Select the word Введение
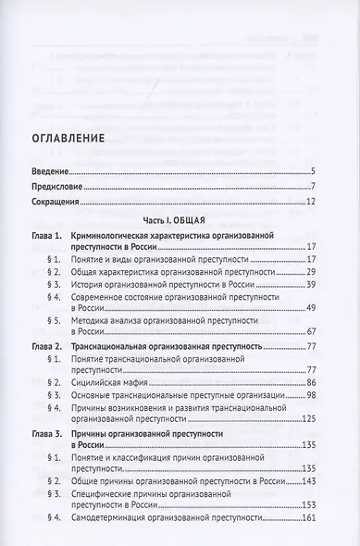pyautogui.click(x=54, y=172)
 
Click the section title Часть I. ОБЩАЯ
pyautogui.click(x=180, y=223)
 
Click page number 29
pyautogui.click(x=312, y=275)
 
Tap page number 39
pyautogui.click(x=312, y=287)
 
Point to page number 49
pyautogui.click(x=312, y=310)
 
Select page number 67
pyautogui.click(x=312, y=332)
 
